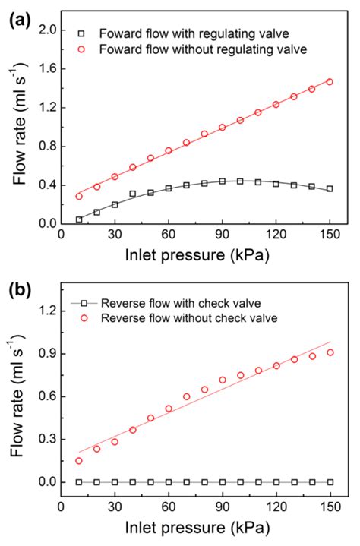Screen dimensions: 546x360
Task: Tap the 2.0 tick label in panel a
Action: click(47, 30)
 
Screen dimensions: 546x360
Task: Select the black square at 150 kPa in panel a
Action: click(330, 188)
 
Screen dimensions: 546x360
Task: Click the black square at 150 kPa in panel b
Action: click(330, 482)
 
